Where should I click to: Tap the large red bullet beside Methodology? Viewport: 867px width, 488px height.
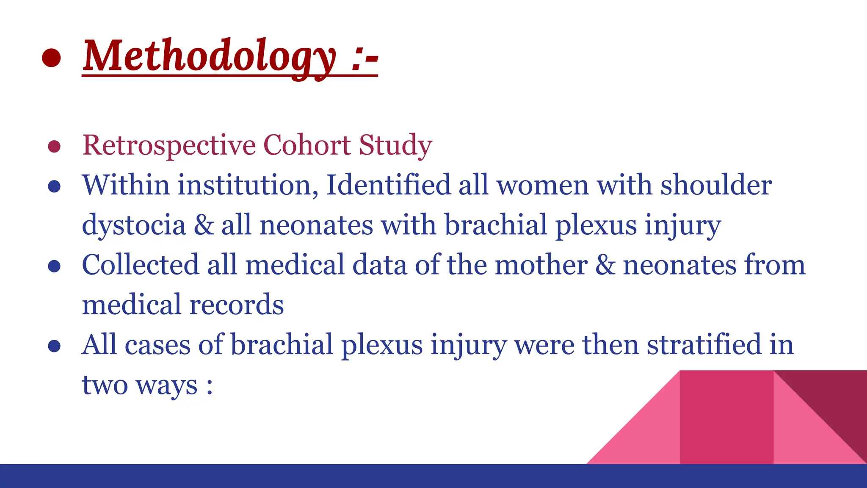51,58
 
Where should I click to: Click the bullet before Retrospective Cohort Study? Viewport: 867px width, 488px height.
54,147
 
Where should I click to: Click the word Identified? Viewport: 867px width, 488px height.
388,186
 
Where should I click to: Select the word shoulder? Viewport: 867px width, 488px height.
716,186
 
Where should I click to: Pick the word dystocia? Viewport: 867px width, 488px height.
134,225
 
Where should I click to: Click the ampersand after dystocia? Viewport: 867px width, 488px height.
204,225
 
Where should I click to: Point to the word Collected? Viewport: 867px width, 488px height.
140,265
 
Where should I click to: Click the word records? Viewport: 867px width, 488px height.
236,305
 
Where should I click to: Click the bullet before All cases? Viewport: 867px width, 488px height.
54,346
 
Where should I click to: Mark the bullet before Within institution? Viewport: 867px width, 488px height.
54,186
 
